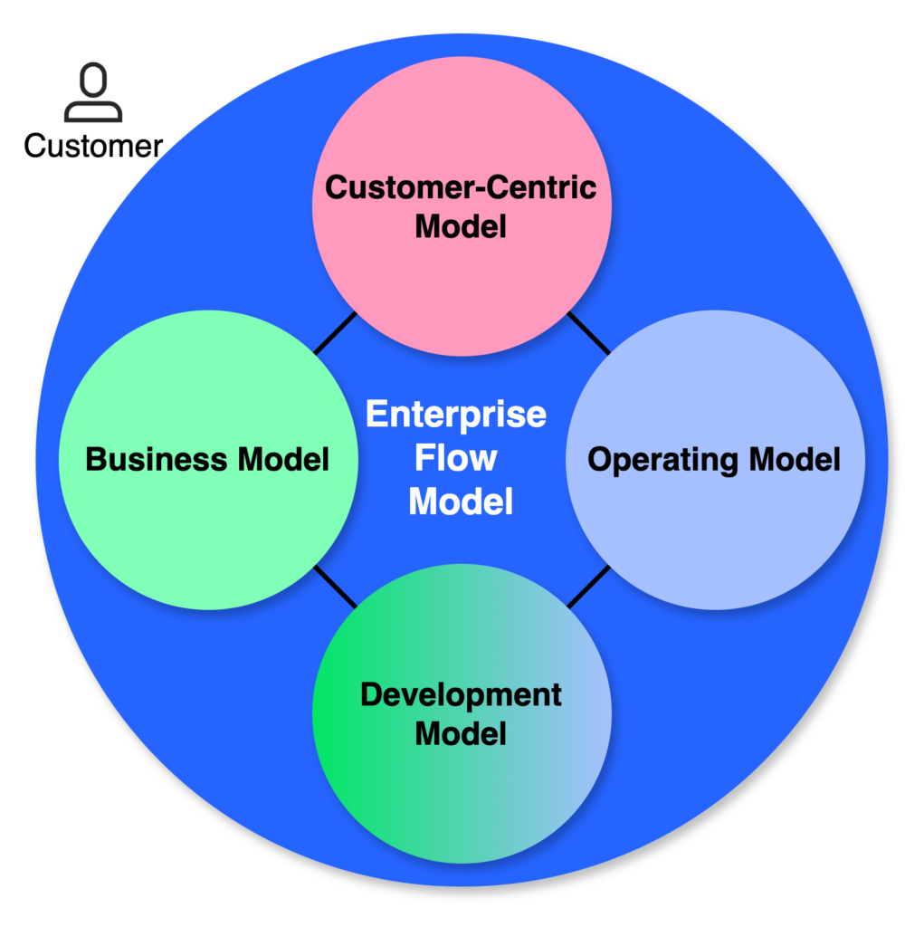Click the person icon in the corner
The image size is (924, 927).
[x=92, y=93]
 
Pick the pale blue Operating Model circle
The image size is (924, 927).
[x=715, y=534]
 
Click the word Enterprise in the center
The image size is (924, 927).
[x=456, y=415]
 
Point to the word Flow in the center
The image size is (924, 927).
[x=456, y=458]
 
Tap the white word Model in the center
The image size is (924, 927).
[x=461, y=501]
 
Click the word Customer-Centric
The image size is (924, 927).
[x=461, y=187]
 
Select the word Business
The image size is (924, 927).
[x=156, y=460]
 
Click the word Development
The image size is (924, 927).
[x=461, y=695]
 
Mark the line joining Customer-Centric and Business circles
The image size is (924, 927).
[x=335, y=333]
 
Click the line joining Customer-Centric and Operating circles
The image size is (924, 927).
[x=588, y=333]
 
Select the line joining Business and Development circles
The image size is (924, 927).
[x=335, y=587]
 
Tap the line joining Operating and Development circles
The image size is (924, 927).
[x=588, y=587]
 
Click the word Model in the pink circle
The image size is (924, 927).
[x=461, y=226]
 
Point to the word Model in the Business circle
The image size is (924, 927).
[x=284, y=460]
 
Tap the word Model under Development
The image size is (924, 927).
[x=461, y=733]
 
